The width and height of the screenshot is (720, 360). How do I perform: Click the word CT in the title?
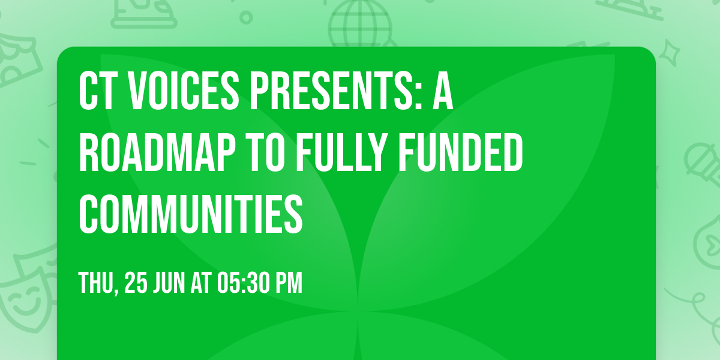(96, 91)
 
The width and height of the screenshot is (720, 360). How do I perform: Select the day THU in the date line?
(97, 283)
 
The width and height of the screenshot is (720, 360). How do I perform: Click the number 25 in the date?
(136, 283)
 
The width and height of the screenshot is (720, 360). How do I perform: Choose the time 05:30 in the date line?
(244, 283)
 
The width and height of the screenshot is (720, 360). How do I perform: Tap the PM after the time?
(289, 283)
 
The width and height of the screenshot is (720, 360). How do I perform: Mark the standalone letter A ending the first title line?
(442, 91)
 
